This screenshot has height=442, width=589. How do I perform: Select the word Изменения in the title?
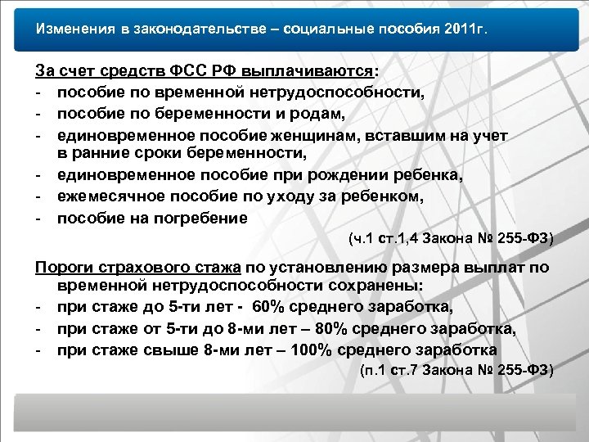point(70,29)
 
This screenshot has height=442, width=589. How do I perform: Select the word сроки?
point(159,153)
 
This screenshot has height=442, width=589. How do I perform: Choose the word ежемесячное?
point(113,196)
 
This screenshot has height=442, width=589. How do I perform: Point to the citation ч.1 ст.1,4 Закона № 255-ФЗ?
point(451,240)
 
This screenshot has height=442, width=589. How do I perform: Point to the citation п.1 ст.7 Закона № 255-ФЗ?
point(456,371)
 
